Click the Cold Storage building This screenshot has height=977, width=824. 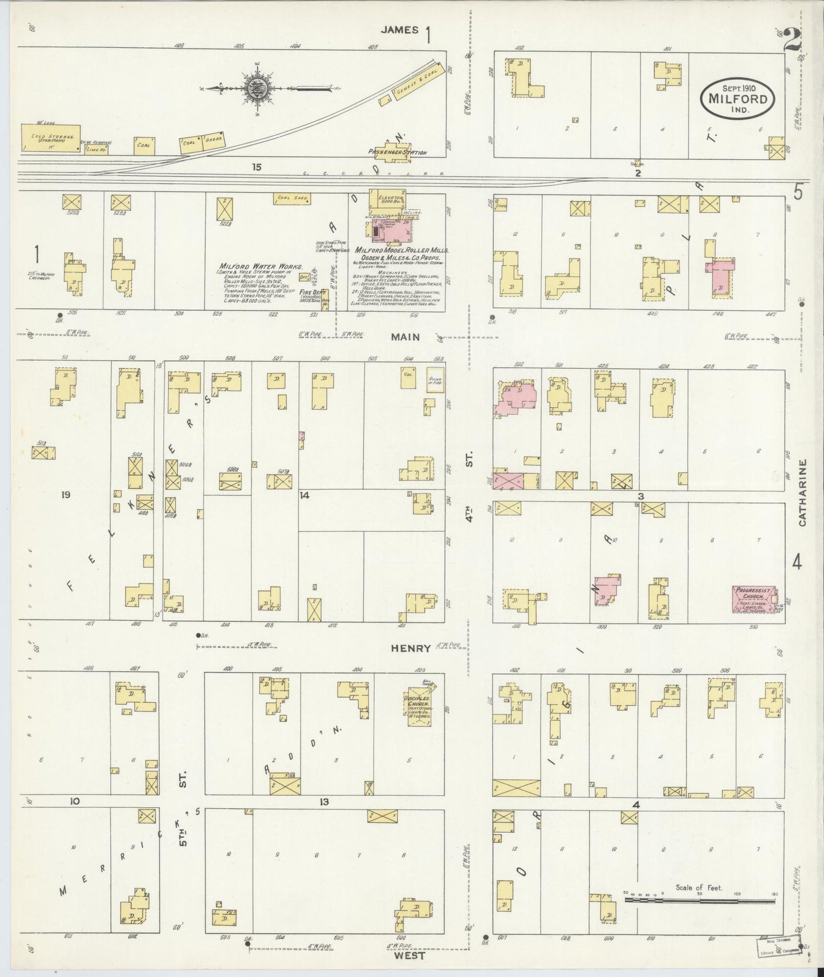coord(50,139)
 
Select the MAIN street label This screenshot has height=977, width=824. coord(405,337)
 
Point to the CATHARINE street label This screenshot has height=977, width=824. coord(802,492)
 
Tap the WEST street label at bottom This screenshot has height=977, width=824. coord(409,956)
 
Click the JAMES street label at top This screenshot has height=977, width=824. coord(400,30)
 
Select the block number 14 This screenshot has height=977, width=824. coord(305,495)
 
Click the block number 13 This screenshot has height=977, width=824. coord(324,802)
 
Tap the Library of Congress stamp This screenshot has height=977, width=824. coord(777,944)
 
